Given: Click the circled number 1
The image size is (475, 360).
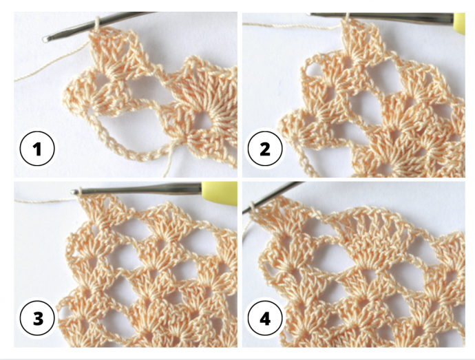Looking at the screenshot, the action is pyautogui.click(x=37, y=149).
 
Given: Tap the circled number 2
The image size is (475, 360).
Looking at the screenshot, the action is pyautogui.click(x=265, y=149).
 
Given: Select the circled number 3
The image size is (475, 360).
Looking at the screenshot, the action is pyautogui.click(x=37, y=318).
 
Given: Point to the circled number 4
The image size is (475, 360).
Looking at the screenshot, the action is pyautogui.click(x=265, y=318).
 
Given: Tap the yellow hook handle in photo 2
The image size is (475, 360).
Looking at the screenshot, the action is pyautogui.click(x=459, y=23).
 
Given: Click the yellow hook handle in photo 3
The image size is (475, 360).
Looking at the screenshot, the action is pyautogui.click(x=220, y=193).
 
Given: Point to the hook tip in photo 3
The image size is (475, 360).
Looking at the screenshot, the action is pyautogui.click(x=74, y=191).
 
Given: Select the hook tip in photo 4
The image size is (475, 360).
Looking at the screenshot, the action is pyautogui.click(x=245, y=210).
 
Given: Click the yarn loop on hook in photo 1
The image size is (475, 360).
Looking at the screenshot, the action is pyautogui.click(x=97, y=23).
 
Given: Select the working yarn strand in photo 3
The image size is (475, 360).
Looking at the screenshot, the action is pyautogui.click(x=45, y=200).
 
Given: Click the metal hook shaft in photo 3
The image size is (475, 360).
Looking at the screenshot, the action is pyautogui.click(x=136, y=190).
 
